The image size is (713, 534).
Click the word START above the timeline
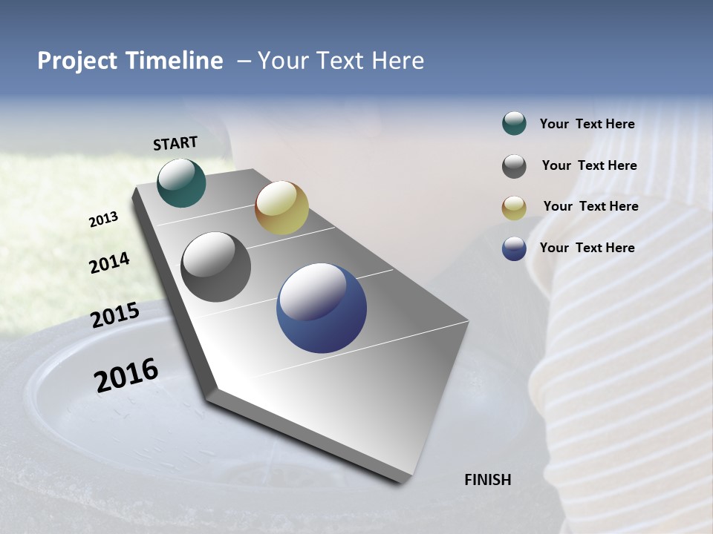(x=175, y=143)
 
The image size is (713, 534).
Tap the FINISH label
(x=487, y=480)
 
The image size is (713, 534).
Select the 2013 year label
(x=104, y=220)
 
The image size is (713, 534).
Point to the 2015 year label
(x=115, y=315)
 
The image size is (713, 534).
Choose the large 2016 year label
(x=126, y=375)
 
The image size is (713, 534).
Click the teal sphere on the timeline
(x=181, y=182)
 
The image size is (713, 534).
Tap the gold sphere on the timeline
(x=281, y=208)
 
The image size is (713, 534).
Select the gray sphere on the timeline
(x=216, y=267)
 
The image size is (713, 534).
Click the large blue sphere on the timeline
(x=322, y=308)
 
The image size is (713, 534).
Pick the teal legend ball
(x=514, y=123)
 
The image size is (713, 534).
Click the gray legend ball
(x=514, y=166)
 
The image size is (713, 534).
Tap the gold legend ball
(x=514, y=208)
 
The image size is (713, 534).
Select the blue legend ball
(x=514, y=248)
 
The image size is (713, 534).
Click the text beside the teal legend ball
(x=587, y=125)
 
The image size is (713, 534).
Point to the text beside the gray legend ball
(x=589, y=165)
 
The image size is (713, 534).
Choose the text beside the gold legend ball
(x=590, y=206)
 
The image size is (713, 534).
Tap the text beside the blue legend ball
(x=587, y=248)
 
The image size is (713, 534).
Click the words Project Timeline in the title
(x=130, y=61)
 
